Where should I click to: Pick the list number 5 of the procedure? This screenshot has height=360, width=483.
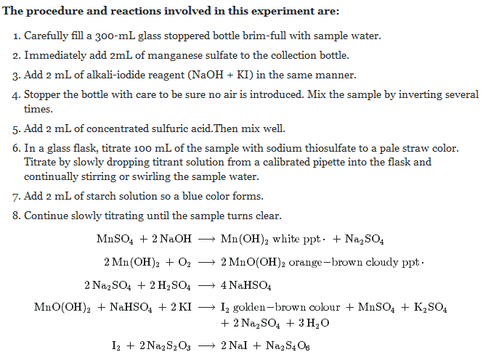point(17,131)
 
